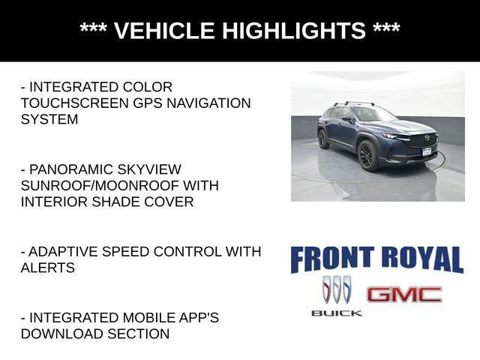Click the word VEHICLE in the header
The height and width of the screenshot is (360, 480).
click(x=163, y=31)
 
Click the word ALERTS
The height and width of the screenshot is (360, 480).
click(x=47, y=268)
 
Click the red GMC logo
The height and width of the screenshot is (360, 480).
click(x=404, y=294)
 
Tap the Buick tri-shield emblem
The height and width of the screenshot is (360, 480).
click(x=337, y=289)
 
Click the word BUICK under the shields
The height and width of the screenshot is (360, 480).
click(x=337, y=313)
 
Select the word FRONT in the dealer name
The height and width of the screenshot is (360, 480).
click(x=328, y=259)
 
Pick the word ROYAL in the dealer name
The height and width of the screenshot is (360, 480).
click(x=422, y=259)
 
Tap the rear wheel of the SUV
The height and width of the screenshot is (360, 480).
click(x=323, y=140)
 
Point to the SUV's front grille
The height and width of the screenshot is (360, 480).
click(x=422, y=140)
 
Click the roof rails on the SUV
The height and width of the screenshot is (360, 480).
click(x=352, y=104)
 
